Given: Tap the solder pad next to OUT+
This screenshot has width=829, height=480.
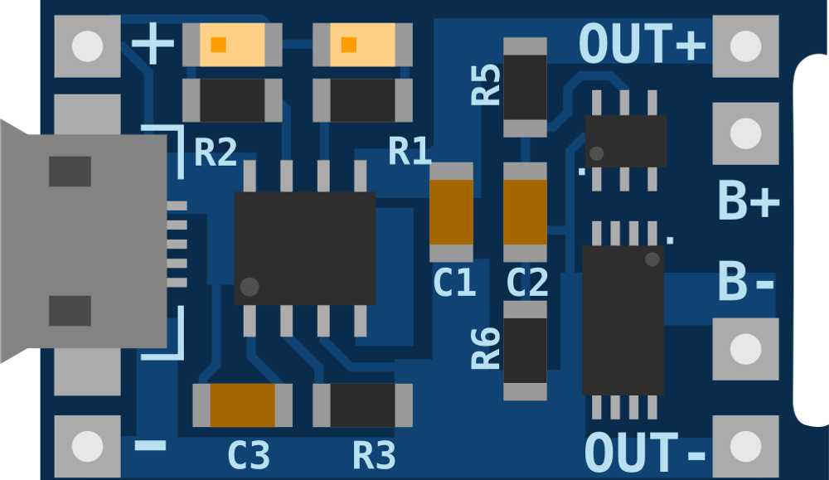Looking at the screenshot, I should click(x=745, y=46).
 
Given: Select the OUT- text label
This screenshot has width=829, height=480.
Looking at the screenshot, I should click(x=645, y=453).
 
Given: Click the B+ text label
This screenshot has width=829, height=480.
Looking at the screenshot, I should click(x=748, y=201).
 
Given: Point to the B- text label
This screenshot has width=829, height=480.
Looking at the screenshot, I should click(x=745, y=282).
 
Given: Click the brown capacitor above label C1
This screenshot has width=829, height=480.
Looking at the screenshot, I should click(x=451, y=212).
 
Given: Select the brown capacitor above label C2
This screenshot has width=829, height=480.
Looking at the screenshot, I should click(x=525, y=212).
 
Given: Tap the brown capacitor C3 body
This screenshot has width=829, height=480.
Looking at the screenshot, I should click(x=242, y=405).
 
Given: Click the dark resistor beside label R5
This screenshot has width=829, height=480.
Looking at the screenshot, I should click(x=526, y=87).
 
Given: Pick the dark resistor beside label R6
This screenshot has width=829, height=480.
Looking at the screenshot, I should click(x=526, y=351).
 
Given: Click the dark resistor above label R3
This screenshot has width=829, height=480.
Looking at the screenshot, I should click(x=362, y=405).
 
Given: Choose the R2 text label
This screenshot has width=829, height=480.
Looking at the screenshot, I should click(x=216, y=153).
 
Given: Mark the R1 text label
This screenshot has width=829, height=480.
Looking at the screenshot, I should click(x=410, y=153).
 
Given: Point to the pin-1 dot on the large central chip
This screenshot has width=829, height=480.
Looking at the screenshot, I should click(x=249, y=287).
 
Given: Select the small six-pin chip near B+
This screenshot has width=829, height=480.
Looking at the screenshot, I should click(x=626, y=141).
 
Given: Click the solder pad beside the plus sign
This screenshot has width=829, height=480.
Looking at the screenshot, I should click(x=87, y=46).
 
